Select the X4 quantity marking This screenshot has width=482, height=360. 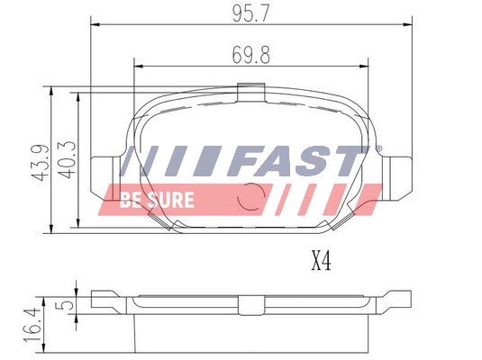pos(322,263)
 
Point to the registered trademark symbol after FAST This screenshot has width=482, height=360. pos(378,148)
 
